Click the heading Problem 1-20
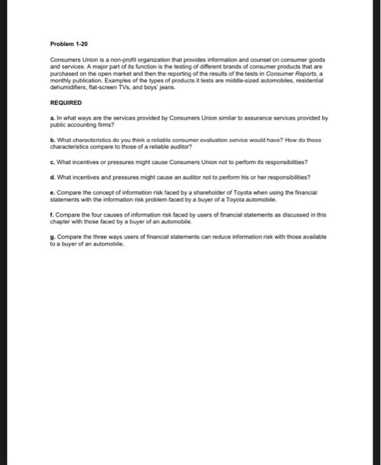[68, 43]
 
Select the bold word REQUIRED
[66, 103]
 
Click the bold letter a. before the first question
[52, 118]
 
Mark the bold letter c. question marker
[52, 161]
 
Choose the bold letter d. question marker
[52, 177]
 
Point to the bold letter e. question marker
[52, 192]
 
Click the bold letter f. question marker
[52, 215]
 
